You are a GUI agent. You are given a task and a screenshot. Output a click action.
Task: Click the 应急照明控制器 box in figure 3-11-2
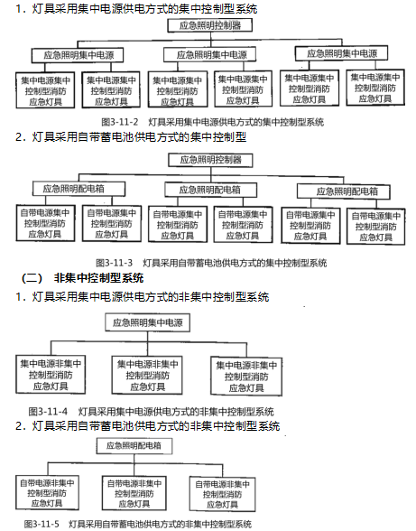coord(210,25)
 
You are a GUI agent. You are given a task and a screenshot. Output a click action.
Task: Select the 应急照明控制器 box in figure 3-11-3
coord(210,160)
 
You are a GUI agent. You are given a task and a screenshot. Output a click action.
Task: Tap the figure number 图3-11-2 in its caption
coord(120,122)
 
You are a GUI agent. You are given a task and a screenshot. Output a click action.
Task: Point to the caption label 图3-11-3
coord(114,263)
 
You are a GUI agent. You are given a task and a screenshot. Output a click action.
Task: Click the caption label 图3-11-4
coord(48,412)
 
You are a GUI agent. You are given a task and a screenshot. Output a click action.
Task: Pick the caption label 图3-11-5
coord(42,524)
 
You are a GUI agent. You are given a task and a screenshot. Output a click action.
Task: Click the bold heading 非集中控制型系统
coord(98,278)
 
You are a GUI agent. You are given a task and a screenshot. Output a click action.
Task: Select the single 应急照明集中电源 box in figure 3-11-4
coord(147,322)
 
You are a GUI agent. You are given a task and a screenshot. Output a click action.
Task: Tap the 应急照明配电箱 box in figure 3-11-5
coord(134,446)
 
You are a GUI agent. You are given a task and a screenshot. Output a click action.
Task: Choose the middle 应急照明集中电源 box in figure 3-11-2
coord(210,54)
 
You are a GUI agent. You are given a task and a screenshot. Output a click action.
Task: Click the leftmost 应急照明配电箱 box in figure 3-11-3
coord(79,189)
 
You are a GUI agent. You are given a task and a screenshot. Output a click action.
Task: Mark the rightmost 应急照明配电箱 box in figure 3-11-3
coord(344,191)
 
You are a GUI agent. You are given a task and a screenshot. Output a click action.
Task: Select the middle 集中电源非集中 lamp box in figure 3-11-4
coord(147,376)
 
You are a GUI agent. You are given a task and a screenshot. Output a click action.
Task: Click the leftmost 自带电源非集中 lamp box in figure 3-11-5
coord(47,493)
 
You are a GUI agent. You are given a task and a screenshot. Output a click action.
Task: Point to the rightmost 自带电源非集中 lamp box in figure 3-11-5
coord(222,494)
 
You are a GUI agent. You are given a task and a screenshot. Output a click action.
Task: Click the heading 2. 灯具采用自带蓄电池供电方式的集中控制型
coord(131,137)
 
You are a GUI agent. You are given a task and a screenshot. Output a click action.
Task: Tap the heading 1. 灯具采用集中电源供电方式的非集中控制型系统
coord(143,297)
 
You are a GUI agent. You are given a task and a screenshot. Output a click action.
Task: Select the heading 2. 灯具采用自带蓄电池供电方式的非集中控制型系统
coord(148,425)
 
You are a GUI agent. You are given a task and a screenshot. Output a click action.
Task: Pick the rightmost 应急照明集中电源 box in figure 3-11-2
coord(341,53)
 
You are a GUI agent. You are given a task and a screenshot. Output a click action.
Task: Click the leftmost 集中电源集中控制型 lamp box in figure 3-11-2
coord(45,90)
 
